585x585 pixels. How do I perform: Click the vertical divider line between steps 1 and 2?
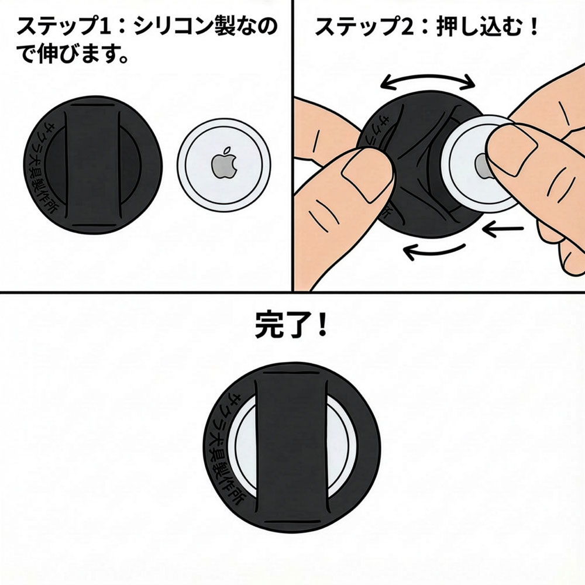point(292,146)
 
